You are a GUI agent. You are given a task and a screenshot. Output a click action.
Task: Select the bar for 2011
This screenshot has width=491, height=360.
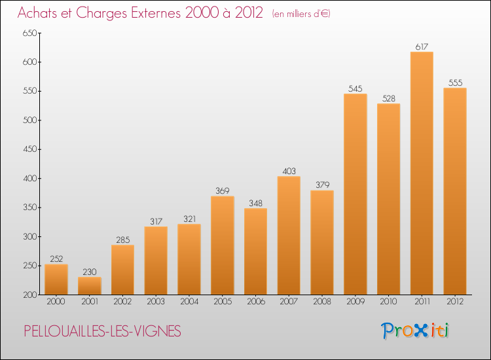(x=422, y=173)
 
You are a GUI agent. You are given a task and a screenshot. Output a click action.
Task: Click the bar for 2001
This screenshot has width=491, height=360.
(x=90, y=286)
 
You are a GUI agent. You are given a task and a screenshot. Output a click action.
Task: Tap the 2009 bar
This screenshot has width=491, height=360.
(x=355, y=194)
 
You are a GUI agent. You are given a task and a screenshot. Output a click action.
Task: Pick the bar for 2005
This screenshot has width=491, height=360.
(x=223, y=245)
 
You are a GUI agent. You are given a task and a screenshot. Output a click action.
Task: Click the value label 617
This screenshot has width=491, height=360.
(x=422, y=46)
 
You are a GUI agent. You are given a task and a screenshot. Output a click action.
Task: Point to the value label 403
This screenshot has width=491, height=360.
(x=289, y=171)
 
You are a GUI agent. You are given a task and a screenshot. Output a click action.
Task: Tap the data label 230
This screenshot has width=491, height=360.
(x=90, y=272)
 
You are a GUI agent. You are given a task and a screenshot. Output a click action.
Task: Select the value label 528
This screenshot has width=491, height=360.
(x=389, y=99)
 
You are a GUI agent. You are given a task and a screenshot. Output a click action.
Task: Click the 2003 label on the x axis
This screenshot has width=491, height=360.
(x=156, y=302)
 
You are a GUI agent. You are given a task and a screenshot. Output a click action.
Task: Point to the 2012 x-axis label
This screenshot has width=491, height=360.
(x=455, y=302)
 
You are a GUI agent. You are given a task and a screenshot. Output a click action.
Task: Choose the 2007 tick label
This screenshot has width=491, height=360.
(x=289, y=302)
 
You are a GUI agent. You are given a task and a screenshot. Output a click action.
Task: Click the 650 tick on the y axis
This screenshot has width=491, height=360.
(x=29, y=33)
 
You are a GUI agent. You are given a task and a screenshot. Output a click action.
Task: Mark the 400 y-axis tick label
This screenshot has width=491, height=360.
(x=29, y=179)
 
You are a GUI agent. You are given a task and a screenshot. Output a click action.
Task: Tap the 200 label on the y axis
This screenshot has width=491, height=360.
(x=29, y=295)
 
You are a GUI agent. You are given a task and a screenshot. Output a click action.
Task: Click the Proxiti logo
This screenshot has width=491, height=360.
(x=415, y=331)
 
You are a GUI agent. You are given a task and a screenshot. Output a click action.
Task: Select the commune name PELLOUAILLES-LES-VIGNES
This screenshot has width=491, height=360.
(x=102, y=331)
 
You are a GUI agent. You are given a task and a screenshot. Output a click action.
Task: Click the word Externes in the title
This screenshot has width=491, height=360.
(x=156, y=12)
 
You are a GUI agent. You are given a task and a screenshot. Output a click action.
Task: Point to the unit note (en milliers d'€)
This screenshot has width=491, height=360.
(x=301, y=14)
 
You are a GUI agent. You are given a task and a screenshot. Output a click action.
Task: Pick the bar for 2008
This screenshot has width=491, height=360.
(x=322, y=243)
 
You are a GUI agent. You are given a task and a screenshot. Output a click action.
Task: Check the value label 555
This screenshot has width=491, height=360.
(x=455, y=82)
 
